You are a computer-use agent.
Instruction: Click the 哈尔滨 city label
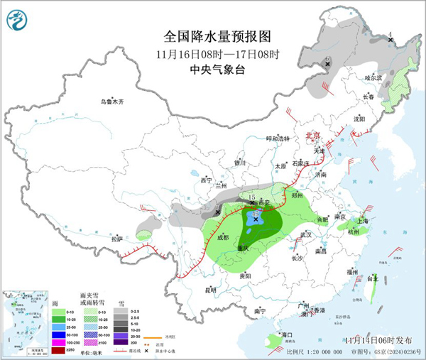point(373,77)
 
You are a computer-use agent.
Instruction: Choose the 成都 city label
point(223,237)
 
